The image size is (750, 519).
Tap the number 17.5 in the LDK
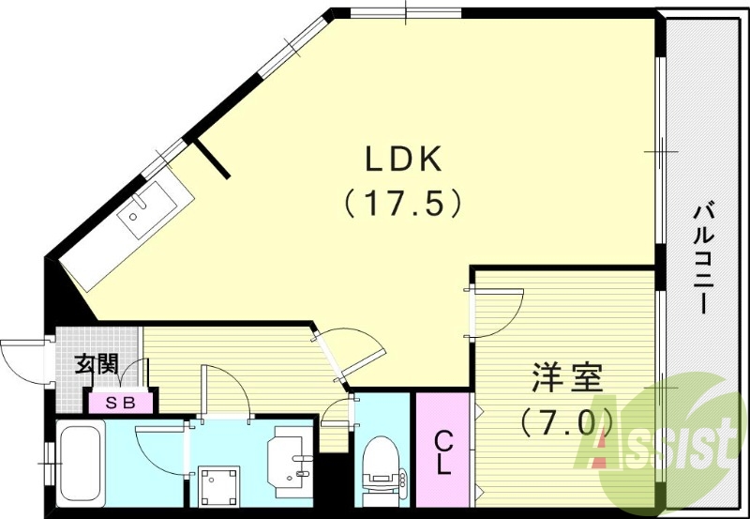(x=402, y=203)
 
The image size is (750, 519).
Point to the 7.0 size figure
(x=567, y=421)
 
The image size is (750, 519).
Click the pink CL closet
(x=443, y=450)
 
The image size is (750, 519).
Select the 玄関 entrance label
(x=97, y=363)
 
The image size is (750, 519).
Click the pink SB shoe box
(x=120, y=403)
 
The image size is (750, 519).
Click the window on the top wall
(x=405, y=12)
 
